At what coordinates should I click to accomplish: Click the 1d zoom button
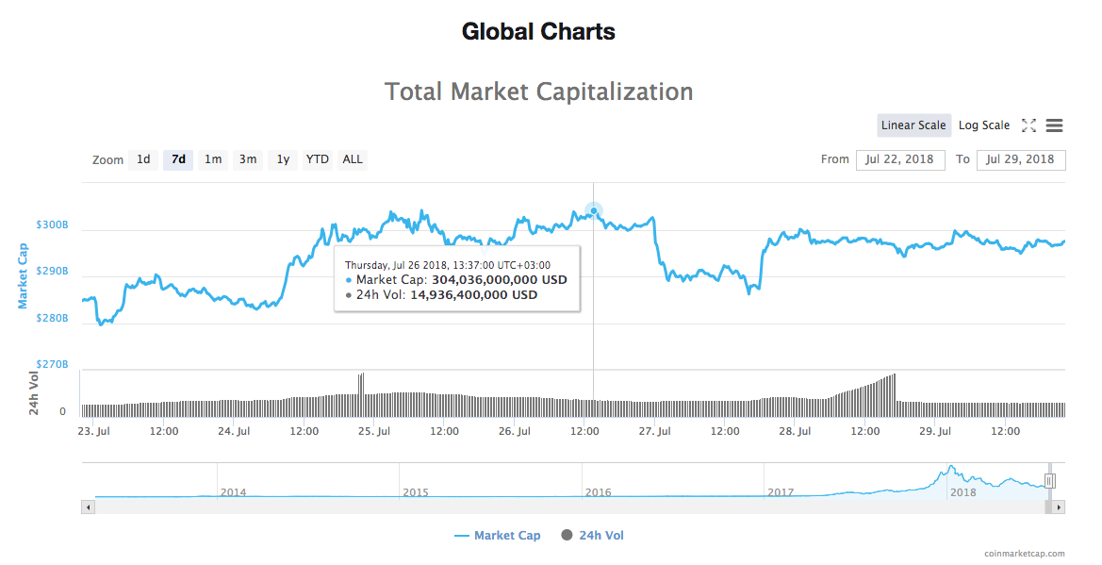[x=143, y=159]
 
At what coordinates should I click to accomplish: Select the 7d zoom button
[x=178, y=159]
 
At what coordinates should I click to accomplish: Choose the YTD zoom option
[x=318, y=159]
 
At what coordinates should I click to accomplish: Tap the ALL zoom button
[x=353, y=159]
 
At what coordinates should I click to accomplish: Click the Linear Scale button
[x=913, y=125]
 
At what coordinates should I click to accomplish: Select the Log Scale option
[x=983, y=125]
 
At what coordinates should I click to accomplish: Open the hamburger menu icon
[x=1055, y=125]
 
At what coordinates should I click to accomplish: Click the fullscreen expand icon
[x=1028, y=125]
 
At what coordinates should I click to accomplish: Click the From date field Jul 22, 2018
[x=900, y=159]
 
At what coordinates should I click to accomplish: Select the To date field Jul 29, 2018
[x=1021, y=159]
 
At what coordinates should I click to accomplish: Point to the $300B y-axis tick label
[x=52, y=225]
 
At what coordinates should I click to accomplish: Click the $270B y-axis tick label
[x=52, y=364]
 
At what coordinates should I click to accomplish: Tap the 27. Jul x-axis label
[x=654, y=431]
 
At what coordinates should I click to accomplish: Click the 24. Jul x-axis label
[x=234, y=431]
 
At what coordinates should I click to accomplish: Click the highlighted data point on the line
[x=593, y=211]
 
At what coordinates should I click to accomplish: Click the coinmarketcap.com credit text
[x=1024, y=554]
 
